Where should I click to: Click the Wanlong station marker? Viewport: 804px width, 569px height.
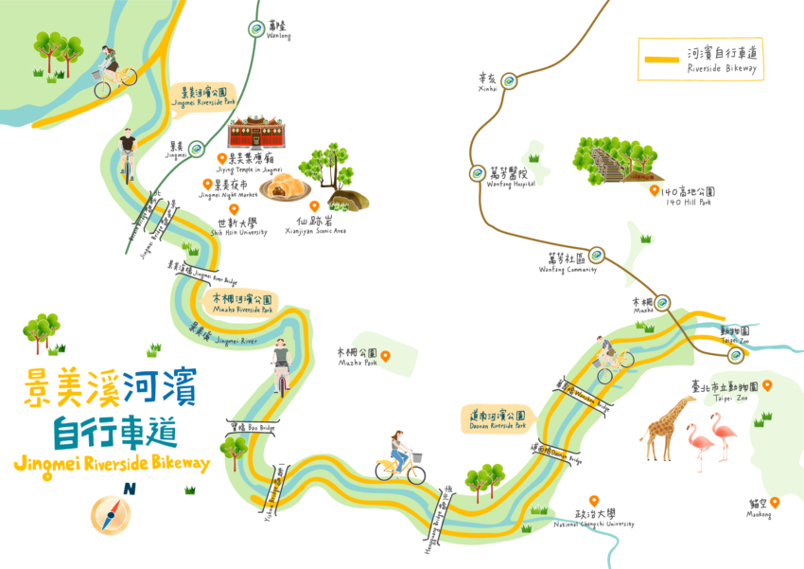255,29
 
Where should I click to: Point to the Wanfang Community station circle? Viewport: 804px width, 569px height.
596,255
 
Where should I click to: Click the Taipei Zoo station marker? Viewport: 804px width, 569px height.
735,354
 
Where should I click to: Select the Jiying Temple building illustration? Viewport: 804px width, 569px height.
255,132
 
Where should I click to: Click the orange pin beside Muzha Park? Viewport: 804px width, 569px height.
385,356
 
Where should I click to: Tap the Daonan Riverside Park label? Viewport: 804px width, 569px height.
498,418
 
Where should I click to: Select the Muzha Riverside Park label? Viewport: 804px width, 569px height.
241,303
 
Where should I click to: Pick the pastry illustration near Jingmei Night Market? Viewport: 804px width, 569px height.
280,187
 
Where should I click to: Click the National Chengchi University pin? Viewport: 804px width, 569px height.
593,500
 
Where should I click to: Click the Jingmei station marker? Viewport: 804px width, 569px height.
196,149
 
